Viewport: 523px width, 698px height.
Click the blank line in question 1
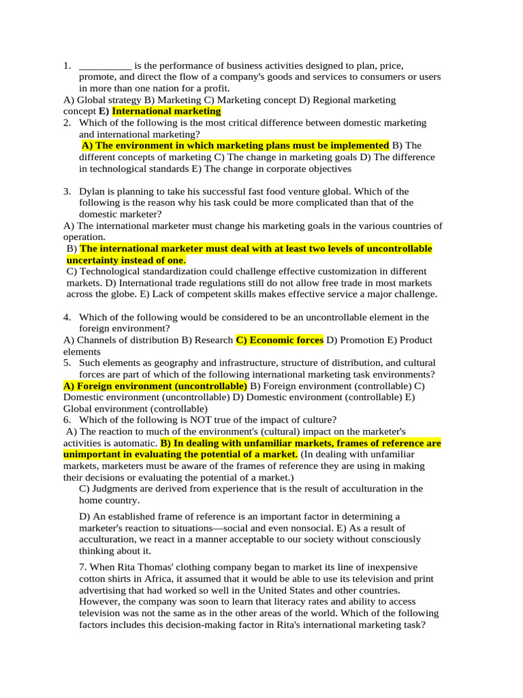105,66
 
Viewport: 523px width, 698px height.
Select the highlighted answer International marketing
166,111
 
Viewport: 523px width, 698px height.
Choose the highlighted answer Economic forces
280,340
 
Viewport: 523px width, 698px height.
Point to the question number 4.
67,317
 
